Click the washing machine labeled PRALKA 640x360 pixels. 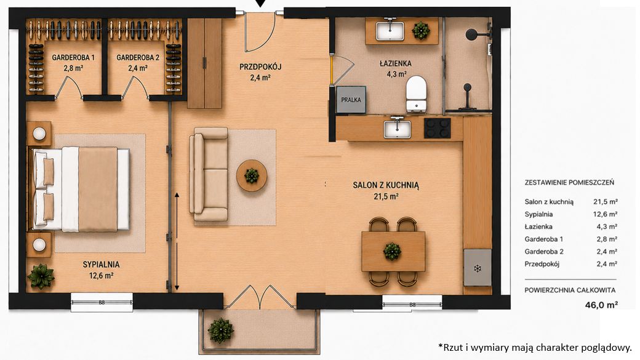coord(351,99)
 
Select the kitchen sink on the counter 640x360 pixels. coord(397,128)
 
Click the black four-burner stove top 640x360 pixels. coord(437,128)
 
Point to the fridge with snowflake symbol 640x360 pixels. coord(477,268)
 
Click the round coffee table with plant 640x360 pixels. coord(252,176)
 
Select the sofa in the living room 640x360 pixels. coord(209,174)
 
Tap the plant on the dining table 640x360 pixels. coord(392,251)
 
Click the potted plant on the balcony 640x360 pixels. coord(221,330)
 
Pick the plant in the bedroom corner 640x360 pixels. coord(41,276)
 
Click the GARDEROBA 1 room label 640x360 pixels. coord(73,58)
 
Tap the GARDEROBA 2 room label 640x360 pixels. coord(138,58)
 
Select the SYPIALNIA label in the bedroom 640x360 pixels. coord(101,265)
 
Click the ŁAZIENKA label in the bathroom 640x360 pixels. coord(396,63)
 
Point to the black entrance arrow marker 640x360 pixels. coord(260,4)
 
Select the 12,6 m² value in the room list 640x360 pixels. coord(605,214)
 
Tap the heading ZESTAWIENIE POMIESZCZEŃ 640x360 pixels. coord(569,182)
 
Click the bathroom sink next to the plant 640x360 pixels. coord(390,30)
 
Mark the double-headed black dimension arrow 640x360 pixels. coord(177,242)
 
